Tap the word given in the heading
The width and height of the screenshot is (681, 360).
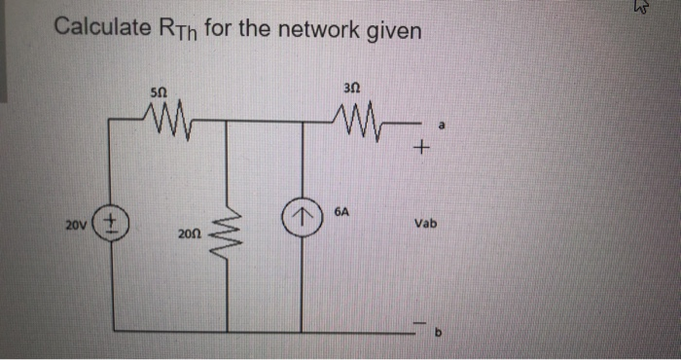(393, 31)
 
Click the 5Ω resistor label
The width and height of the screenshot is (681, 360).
(160, 90)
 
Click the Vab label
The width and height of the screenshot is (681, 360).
(425, 223)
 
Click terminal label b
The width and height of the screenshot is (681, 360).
(438, 332)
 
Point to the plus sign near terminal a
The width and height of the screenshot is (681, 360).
(420, 148)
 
